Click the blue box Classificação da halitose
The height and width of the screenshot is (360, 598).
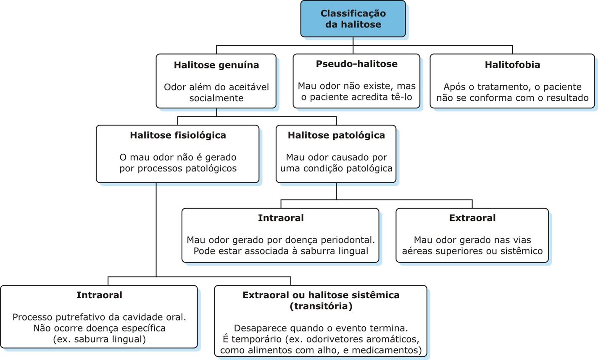[353, 19]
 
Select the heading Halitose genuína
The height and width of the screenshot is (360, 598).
[216, 65]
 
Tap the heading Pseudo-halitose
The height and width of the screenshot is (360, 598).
[356, 64]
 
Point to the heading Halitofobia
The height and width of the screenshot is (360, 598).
[512, 65]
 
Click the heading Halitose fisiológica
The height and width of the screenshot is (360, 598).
[178, 135]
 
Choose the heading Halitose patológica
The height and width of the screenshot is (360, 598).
[336, 135]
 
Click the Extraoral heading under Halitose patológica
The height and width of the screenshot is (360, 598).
[472, 218]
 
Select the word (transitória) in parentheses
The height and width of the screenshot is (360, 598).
[321, 306]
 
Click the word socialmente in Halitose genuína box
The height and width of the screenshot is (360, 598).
[216, 98]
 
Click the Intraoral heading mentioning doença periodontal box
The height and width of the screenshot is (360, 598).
[280, 218]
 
